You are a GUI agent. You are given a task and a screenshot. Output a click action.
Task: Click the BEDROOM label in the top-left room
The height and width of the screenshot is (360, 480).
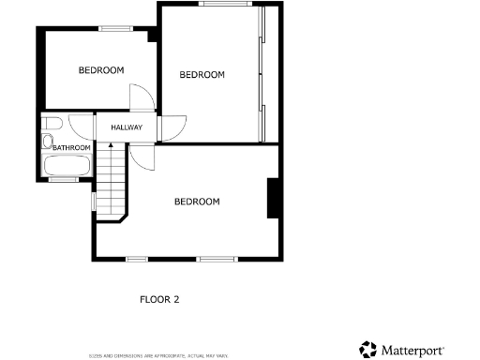click(x=101, y=70)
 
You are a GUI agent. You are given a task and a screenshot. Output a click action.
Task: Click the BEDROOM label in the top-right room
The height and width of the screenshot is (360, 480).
click(x=202, y=75)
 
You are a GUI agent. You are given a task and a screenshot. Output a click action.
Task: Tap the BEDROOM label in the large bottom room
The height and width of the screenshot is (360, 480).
click(x=197, y=202)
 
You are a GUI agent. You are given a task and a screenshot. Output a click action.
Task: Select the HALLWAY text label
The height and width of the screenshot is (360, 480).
click(x=127, y=128)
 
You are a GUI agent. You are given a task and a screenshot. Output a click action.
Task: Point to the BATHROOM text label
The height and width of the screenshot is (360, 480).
click(x=71, y=148)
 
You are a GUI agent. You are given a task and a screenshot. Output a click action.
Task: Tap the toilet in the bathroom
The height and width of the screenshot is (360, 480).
click(x=52, y=124)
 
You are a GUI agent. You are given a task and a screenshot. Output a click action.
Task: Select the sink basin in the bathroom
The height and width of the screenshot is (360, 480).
click(x=47, y=142)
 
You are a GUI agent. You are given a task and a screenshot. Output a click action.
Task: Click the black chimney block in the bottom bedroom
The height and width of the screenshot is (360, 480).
click(x=273, y=198)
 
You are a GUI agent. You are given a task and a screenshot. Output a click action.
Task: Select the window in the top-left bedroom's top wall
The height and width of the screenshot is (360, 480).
click(x=115, y=28)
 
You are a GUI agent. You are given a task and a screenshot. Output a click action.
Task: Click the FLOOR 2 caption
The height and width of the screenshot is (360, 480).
click(x=159, y=300)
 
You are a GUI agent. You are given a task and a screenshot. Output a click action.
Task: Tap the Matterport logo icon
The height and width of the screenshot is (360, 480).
click(x=368, y=350)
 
